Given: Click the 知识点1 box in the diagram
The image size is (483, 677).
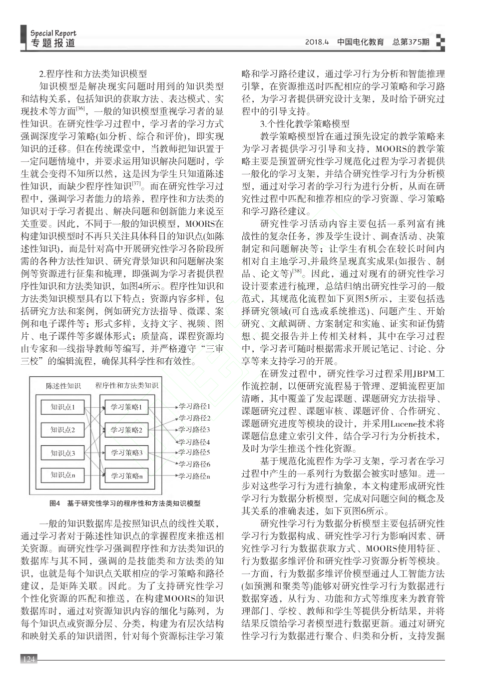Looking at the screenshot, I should [x=63, y=407].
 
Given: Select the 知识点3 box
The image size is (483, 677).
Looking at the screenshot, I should [x=63, y=453].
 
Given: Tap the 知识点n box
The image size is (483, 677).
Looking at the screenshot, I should [x=63, y=475].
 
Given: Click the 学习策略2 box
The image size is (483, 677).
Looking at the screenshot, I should [x=126, y=430].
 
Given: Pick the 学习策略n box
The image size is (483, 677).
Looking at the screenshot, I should [x=126, y=476].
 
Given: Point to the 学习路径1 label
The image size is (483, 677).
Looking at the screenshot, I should [x=194, y=406].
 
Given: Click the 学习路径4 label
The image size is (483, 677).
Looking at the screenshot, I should [x=194, y=442].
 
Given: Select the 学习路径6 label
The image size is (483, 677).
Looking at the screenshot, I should [x=194, y=464].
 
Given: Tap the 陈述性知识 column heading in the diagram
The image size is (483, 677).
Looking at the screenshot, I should [x=63, y=386].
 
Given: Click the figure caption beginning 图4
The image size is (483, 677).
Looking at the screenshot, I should [x=125, y=503].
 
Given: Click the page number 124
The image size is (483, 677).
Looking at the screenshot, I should [x=29, y=660].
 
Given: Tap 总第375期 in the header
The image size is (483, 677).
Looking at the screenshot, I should [x=411, y=42].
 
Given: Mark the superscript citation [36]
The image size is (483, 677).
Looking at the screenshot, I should [x=80, y=108].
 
